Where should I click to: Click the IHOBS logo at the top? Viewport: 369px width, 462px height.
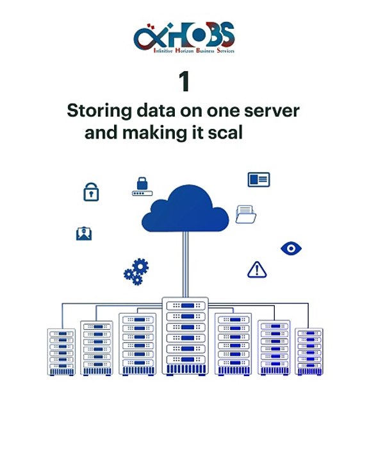click(184, 38)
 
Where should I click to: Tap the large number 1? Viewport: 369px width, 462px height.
click(184, 81)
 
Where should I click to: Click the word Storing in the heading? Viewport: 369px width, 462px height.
click(99, 112)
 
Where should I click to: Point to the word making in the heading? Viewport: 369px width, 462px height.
click(155, 133)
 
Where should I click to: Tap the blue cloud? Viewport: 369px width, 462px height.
click(185, 209)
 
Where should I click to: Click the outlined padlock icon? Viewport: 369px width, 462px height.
click(91, 192)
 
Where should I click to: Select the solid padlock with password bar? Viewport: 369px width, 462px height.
click(142, 187)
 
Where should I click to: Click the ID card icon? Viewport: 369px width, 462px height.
click(259, 180)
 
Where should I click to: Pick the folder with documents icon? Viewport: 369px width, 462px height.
click(246, 214)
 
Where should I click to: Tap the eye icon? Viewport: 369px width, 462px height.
click(291, 248)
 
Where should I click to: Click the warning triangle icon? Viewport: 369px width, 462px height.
click(257, 269)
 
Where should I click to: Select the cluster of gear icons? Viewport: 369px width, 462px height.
click(136, 271)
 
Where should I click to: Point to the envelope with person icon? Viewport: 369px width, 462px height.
click(84, 234)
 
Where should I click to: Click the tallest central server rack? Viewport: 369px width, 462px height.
click(185, 336)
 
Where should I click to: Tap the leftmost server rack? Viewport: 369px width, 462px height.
click(61, 352)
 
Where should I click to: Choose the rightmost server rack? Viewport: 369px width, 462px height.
click(309, 352)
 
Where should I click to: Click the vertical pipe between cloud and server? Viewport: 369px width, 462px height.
click(185, 264)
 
